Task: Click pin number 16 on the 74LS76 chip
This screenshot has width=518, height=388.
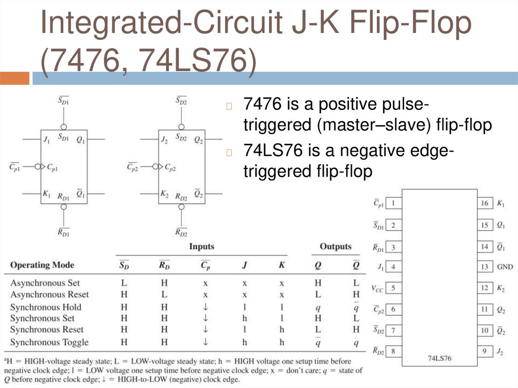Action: point(485,203)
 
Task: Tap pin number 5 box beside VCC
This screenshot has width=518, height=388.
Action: point(393,288)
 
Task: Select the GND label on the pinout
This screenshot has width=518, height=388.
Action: point(504,267)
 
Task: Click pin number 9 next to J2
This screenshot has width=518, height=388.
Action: point(485,351)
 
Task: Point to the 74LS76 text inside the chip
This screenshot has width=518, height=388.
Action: point(439,358)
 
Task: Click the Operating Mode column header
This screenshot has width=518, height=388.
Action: point(42,265)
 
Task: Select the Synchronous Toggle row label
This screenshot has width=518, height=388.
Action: point(49,342)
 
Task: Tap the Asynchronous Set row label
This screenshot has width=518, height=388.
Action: point(45,283)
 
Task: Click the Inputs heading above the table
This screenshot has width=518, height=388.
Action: point(201,247)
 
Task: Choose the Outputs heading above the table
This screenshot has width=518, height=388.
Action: point(335,247)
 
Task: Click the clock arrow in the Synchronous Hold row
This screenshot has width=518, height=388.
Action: point(205,307)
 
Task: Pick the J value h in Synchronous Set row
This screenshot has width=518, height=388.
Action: point(244,318)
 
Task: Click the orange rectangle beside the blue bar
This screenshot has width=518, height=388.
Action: point(15,78)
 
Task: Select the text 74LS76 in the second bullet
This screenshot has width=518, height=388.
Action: point(269,151)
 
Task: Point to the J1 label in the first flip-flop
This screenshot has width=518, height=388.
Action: point(47,139)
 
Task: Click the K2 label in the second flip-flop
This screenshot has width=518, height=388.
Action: point(164,194)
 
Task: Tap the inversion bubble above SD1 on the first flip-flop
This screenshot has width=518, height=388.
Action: point(63,127)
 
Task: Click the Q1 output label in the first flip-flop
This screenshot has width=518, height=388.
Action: point(80,139)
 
